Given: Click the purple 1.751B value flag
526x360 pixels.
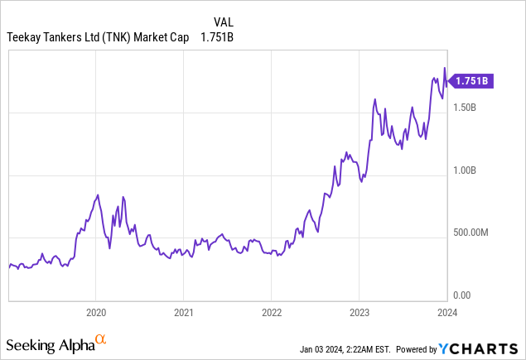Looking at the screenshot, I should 470,80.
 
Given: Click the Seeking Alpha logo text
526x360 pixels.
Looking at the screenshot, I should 49,343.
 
